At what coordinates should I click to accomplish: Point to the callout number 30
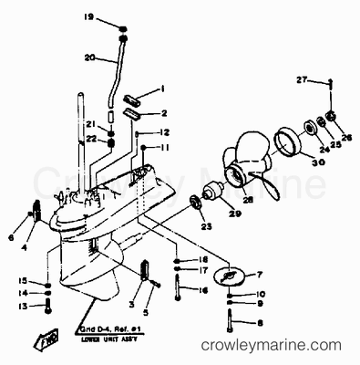293,163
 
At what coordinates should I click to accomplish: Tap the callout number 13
24,306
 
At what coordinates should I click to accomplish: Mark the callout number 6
12,236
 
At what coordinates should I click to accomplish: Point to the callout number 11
166,147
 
